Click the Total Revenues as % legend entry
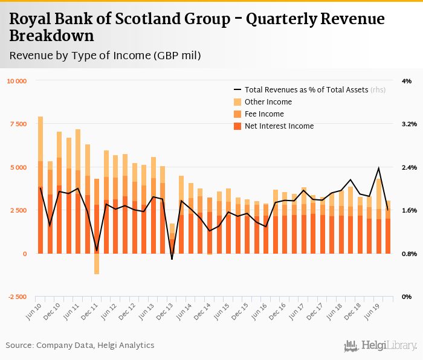point(306,89)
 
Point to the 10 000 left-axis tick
point(16,81)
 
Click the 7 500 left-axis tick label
point(18,124)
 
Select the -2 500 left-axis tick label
point(17,297)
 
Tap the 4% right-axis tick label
point(406,81)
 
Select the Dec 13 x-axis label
point(166,310)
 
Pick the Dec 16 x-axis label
point(279,310)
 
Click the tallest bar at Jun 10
point(40,181)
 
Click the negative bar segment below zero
point(97,264)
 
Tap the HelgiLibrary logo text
point(390,346)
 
